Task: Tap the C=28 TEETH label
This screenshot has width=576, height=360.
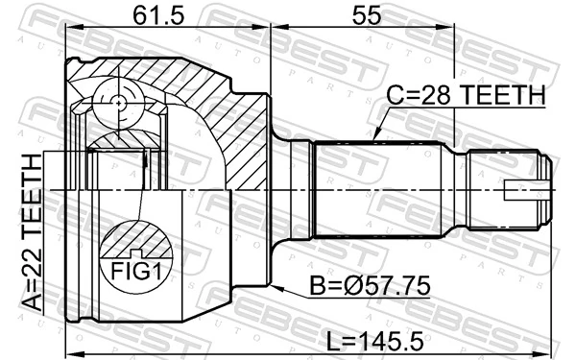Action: [x=466, y=96]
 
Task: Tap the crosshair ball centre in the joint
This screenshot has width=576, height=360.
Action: [x=118, y=103]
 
